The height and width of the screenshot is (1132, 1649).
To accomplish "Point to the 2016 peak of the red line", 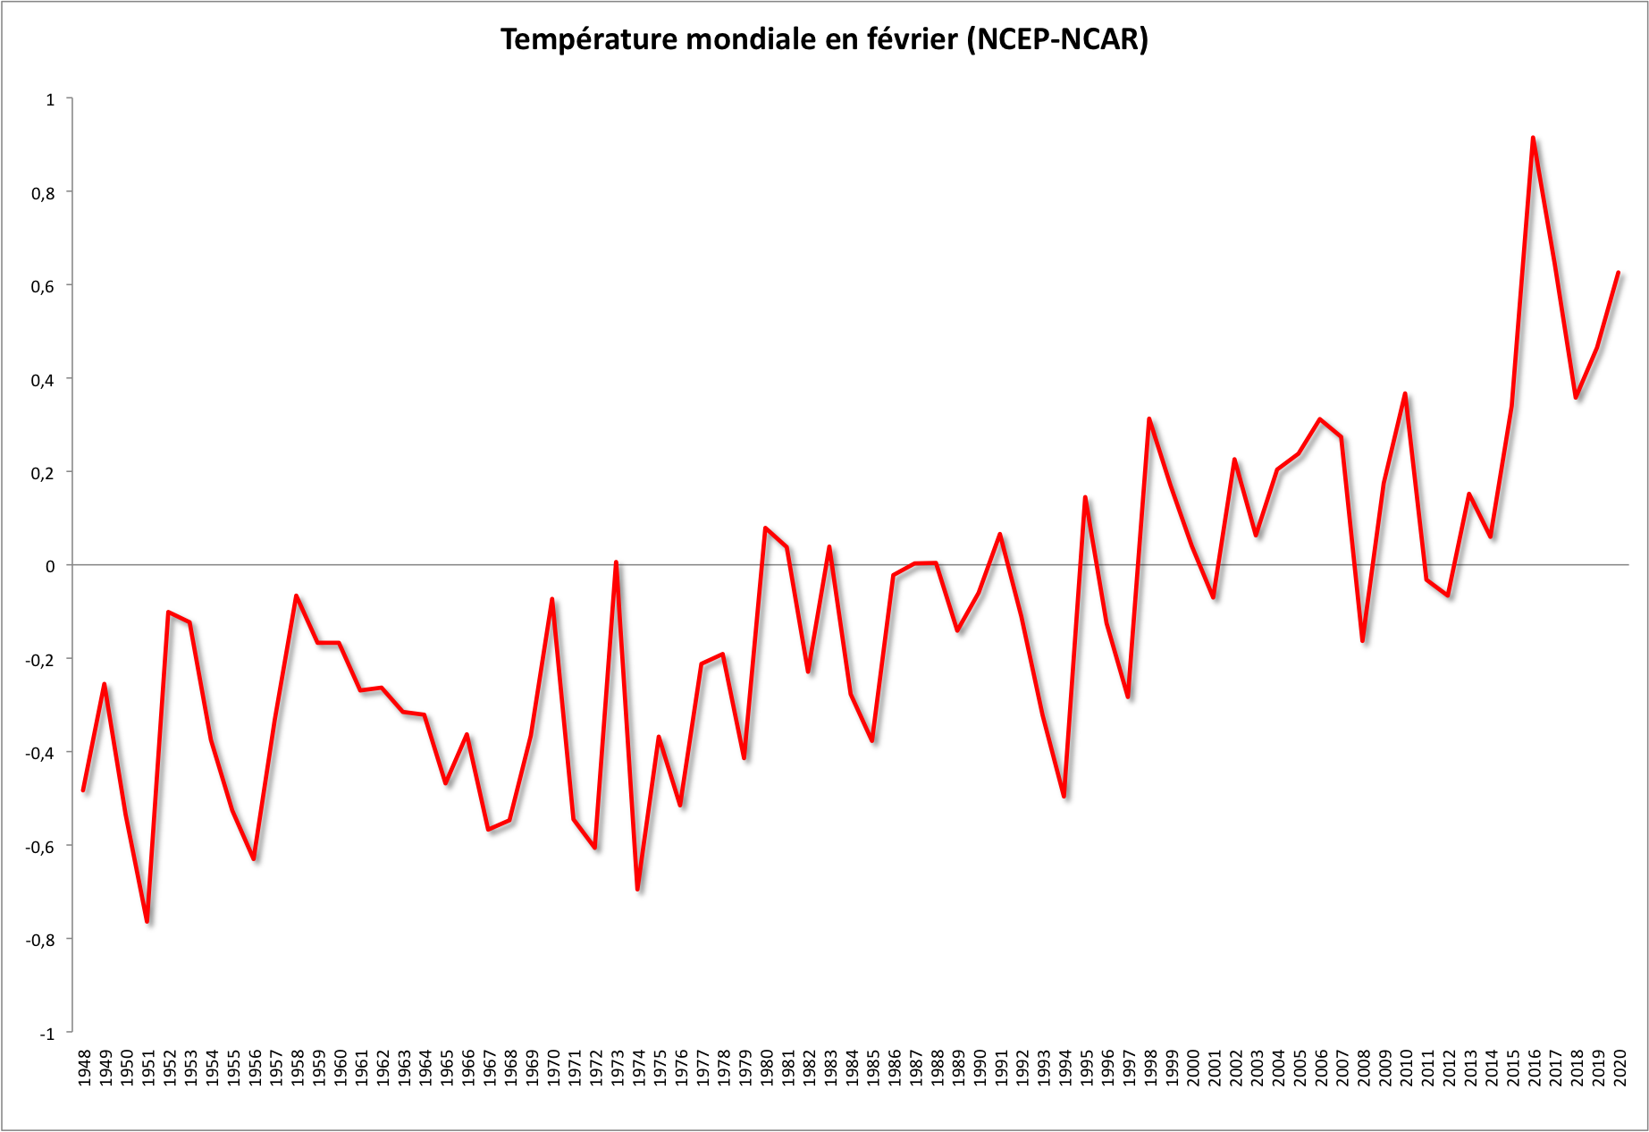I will [x=1533, y=138].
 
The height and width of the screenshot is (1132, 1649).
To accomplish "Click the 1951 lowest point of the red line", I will [x=147, y=921].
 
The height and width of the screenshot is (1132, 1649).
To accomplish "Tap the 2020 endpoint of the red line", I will [x=1619, y=273].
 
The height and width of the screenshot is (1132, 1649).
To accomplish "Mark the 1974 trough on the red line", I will [x=637, y=889].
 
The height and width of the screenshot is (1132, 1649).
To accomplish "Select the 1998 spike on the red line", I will [x=1149, y=418].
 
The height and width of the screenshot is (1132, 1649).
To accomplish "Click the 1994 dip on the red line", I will [x=1064, y=796].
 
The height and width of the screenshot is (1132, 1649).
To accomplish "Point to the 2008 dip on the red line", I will [x=1362, y=640].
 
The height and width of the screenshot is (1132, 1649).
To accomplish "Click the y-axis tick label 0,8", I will [x=42, y=192].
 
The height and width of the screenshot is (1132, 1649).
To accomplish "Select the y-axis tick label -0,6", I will [x=39, y=846].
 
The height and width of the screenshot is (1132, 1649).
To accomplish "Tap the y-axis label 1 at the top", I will [x=50, y=99].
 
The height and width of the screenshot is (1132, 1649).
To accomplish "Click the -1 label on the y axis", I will [x=46, y=1033].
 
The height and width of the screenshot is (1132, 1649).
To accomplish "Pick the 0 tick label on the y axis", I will [x=50, y=566].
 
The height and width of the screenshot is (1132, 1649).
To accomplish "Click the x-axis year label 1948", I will [x=84, y=1069].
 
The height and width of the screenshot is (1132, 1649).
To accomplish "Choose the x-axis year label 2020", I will [x=1620, y=1069].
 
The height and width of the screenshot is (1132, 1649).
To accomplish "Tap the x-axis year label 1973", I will [x=617, y=1069].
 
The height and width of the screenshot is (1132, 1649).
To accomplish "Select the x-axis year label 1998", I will [x=1150, y=1069].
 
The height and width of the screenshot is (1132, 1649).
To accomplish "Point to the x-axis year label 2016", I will [x=1534, y=1069].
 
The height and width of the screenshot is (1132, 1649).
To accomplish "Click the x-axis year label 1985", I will [x=873, y=1069].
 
